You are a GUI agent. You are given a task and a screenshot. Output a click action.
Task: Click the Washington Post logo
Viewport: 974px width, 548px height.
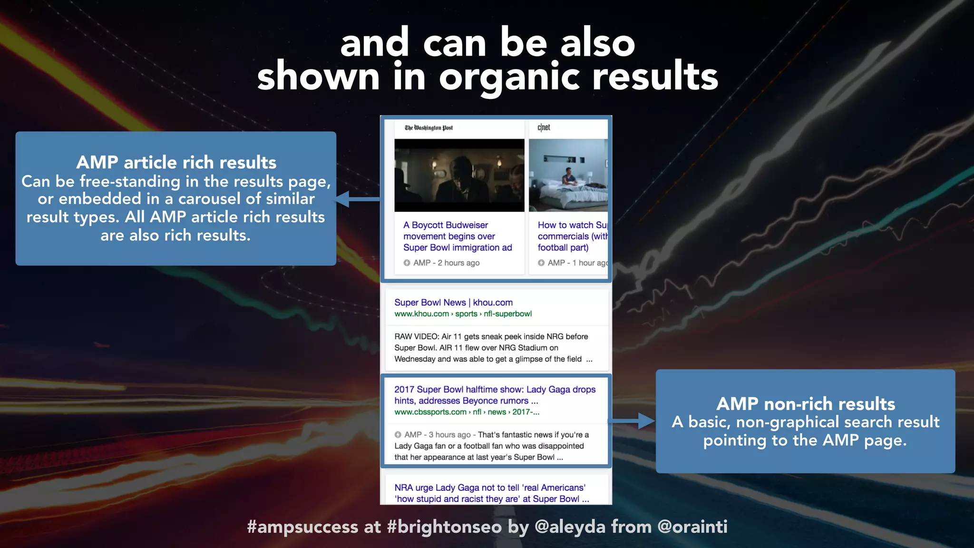pyautogui.click(x=429, y=127)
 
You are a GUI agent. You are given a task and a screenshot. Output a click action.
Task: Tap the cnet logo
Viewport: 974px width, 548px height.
pyautogui.click(x=544, y=127)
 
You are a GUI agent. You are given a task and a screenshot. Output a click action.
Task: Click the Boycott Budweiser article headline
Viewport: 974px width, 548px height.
pyautogui.click(x=457, y=236)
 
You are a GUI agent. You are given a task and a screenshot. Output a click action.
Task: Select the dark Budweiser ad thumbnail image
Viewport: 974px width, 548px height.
pyautogui.click(x=459, y=175)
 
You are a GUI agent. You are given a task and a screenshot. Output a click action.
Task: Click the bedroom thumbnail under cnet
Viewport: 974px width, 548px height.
pyautogui.click(x=568, y=175)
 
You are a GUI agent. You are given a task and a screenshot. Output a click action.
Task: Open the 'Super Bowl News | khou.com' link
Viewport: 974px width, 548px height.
pyautogui.click(x=453, y=303)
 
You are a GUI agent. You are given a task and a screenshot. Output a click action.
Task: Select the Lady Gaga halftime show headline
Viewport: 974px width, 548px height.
pyautogui.click(x=495, y=395)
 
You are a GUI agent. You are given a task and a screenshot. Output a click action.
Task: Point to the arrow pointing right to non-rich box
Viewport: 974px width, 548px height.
pyautogui.click(x=633, y=421)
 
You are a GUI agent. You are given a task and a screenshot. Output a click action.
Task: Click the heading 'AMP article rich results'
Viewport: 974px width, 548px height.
pyautogui.click(x=176, y=163)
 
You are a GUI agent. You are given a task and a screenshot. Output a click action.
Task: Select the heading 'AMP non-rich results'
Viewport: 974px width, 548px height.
pyautogui.click(x=805, y=404)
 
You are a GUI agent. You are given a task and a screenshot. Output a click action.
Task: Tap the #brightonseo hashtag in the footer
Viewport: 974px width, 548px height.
pyautogui.click(x=444, y=527)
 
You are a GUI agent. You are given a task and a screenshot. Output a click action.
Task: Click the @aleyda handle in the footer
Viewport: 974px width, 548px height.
pyautogui.click(x=570, y=527)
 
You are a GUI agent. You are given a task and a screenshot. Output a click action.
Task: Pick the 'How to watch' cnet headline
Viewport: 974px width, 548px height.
pyautogui.click(x=572, y=236)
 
